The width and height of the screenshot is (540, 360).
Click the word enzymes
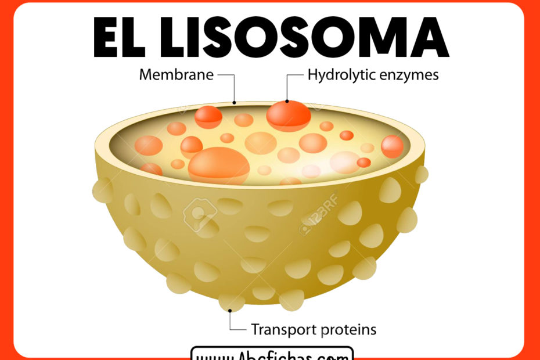click(411, 75)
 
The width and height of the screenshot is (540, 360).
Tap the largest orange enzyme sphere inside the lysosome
click(219, 164)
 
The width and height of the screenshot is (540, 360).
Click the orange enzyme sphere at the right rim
click(392, 146)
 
